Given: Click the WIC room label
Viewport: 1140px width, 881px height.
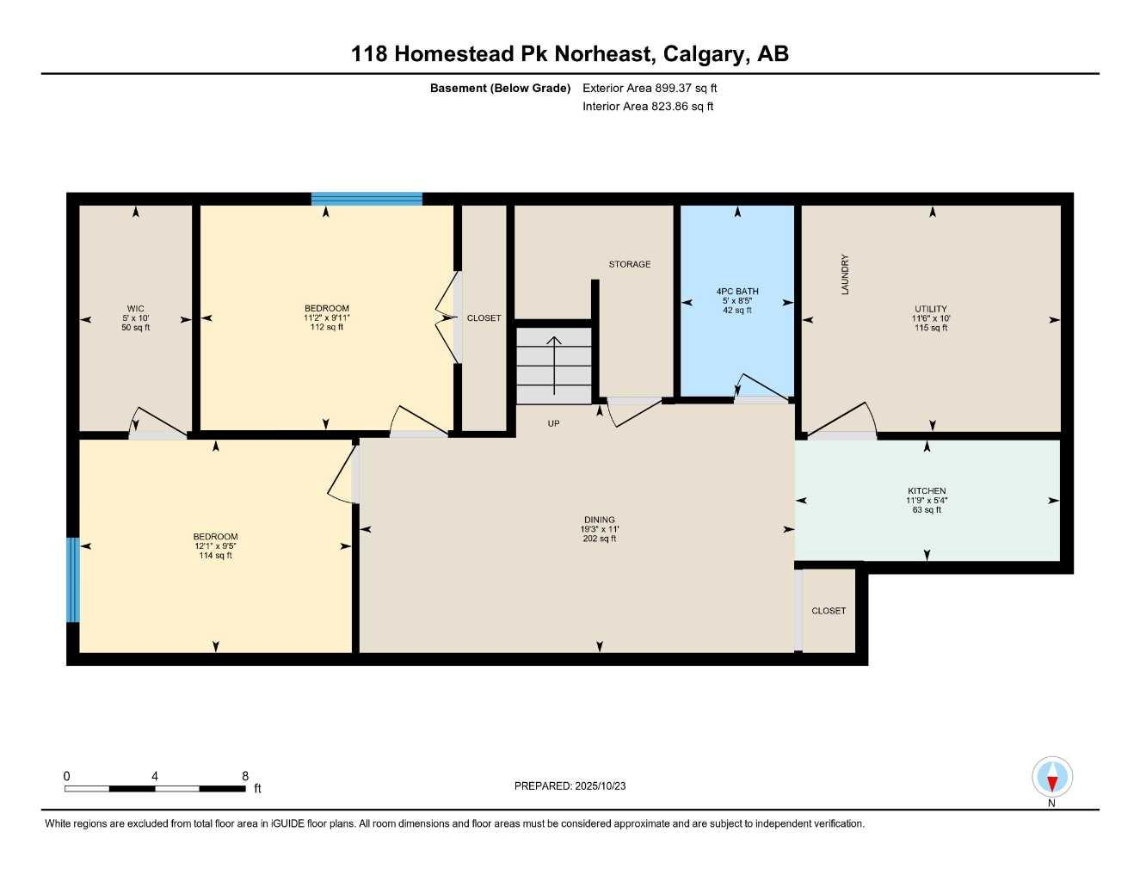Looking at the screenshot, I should pos(135,309).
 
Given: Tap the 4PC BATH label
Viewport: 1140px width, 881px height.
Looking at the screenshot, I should pos(737,292).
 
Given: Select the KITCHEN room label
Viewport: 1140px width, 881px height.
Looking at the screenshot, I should pos(926,491).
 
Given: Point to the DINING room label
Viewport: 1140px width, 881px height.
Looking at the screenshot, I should pos(599,520).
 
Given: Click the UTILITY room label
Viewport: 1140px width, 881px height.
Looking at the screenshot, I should pos(931,309).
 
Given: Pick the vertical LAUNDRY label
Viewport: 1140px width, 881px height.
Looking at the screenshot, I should pos(845,274).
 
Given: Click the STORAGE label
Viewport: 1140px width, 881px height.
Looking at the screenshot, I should pos(630,264).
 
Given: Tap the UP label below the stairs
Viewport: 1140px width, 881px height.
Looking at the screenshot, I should pos(553,423).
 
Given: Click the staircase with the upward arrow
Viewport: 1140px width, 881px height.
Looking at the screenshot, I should pos(554,365).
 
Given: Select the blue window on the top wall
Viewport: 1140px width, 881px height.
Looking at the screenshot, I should pos(367,199).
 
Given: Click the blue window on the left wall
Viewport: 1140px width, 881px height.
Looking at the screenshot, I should pos(73,580).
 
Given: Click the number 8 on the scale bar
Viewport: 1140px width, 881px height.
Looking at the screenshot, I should pos(245,776).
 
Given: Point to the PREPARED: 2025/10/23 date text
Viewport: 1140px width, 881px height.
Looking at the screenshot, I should pos(570,786).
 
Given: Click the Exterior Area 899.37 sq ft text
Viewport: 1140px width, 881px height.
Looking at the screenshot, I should pos(650,88).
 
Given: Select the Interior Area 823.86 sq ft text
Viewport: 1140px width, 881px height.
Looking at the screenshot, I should pos(648,107).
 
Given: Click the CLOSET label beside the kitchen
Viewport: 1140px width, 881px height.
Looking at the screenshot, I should pos(829,611).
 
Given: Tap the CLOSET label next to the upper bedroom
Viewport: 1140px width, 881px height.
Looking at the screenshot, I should pos(484,318).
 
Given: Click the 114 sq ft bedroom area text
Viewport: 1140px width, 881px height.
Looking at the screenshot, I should pos(215,556).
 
